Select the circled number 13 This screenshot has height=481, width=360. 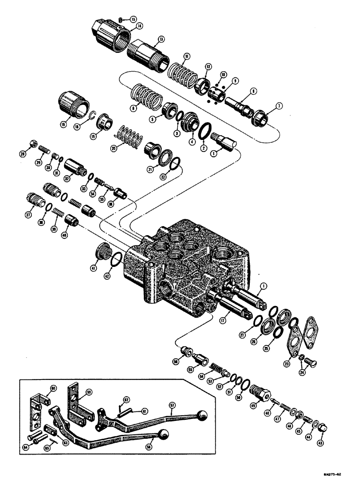click(x=160, y=39)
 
